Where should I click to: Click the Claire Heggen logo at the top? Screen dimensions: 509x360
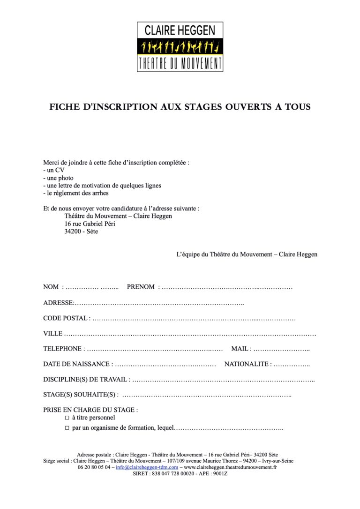180,47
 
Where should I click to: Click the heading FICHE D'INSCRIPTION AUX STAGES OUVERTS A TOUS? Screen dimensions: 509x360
180,107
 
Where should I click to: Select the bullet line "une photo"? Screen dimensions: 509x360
58,178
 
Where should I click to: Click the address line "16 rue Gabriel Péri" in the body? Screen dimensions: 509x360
90,224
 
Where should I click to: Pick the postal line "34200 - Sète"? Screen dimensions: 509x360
81,232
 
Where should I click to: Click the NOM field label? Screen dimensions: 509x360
51,287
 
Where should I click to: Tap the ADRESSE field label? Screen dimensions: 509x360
58,303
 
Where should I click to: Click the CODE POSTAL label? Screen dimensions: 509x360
65,318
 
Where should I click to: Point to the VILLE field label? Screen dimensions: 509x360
52,334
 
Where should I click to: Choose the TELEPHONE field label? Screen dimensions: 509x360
62,349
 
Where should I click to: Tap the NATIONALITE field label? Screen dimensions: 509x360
247,364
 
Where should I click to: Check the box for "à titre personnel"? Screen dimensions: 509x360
67,418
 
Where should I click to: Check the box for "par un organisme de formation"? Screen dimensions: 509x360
67,428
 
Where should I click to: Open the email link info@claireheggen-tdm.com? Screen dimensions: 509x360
147,467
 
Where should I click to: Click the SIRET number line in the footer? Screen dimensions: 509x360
180,474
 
